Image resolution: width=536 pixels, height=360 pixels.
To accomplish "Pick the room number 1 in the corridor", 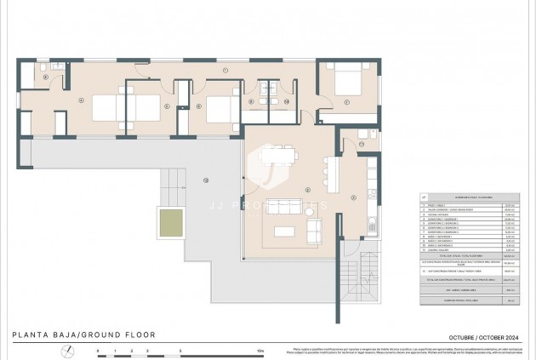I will (225, 69).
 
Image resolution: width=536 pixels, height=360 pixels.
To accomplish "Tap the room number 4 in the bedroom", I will (81, 100).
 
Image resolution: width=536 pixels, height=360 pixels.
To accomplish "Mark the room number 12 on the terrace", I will (205, 180).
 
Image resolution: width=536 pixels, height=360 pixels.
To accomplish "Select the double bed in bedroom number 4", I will (114, 108).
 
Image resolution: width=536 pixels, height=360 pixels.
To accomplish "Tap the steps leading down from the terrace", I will (174, 180).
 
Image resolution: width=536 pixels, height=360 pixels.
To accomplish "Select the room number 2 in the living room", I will (307, 189).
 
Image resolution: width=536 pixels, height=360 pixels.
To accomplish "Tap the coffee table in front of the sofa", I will (283, 230).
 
